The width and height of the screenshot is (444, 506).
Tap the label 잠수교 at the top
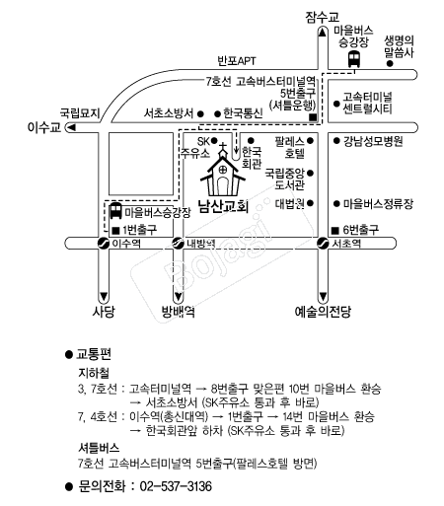click(322, 17)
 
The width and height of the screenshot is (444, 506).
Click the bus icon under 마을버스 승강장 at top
click(354, 59)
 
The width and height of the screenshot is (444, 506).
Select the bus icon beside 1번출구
click(115, 211)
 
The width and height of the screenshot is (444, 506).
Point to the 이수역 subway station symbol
click(104, 244)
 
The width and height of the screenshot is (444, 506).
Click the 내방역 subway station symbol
click(179, 244)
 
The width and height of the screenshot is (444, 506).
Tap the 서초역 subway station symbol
click(323, 244)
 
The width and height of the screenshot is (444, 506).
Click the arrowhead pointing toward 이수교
click(71, 127)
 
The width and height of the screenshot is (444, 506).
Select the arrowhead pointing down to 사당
click(104, 296)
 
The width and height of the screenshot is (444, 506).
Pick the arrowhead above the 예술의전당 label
click(323, 296)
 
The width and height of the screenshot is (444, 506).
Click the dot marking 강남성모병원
click(336, 141)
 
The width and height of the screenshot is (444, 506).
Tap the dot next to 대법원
click(310, 203)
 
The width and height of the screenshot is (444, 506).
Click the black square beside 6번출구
click(334, 231)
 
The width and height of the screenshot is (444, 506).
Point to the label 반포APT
click(237, 61)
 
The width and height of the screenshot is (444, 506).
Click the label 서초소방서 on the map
click(169, 113)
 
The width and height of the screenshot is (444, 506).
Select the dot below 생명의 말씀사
click(390, 64)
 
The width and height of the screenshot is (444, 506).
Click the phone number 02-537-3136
click(176, 486)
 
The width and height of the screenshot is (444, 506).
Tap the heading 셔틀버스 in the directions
click(99, 448)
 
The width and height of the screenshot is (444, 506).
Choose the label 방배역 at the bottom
click(178, 311)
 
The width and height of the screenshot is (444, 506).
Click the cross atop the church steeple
click(223, 146)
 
